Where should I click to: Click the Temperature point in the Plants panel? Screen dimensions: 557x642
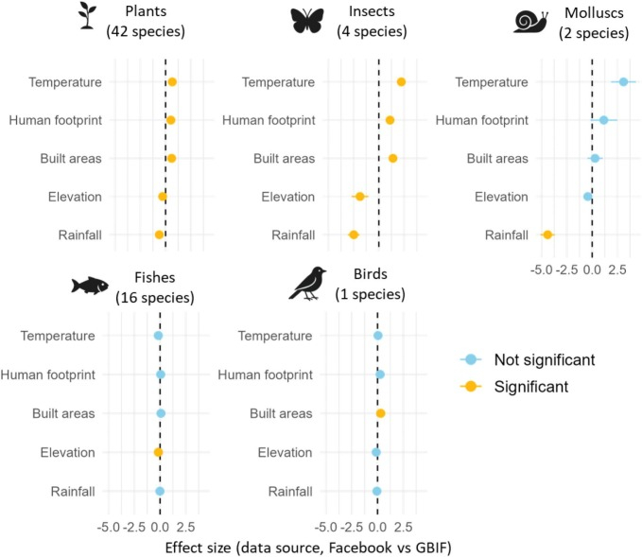[x=172, y=82]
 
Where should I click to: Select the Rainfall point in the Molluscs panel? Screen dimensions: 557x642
[x=547, y=235]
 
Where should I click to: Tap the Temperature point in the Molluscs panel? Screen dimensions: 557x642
[x=623, y=82]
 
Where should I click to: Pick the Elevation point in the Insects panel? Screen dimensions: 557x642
[x=360, y=197]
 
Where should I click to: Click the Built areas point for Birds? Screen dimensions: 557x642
[x=381, y=413]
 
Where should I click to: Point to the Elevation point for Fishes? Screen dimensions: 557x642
[x=158, y=452]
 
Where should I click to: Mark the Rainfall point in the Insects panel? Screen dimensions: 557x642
[x=354, y=235]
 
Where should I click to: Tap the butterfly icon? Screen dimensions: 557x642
[x=309, y=21]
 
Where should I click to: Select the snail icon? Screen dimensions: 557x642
[x=530, y=23]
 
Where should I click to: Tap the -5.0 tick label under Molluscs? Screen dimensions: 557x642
[x=542, y=269]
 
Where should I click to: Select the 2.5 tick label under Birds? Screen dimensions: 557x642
[x=404, y=525]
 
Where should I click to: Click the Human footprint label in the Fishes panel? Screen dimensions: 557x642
[x=48, y=374]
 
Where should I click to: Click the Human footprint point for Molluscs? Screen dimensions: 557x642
[x=603, y=120]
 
